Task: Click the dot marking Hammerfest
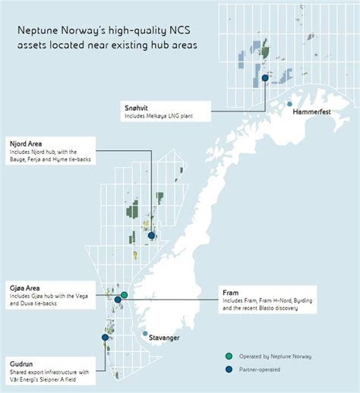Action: click(x=289, y=102)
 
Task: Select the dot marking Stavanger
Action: click(x=145, y=332)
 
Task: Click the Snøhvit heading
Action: click(x=137, y=108)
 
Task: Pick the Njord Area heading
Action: click(x=27, y=142)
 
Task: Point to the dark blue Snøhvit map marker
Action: click(x=265, y=77)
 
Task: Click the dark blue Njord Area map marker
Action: click(x=151, y=236)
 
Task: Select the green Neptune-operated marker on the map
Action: click(x=124, y=294)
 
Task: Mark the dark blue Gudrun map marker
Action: click(x=105, y=338)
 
